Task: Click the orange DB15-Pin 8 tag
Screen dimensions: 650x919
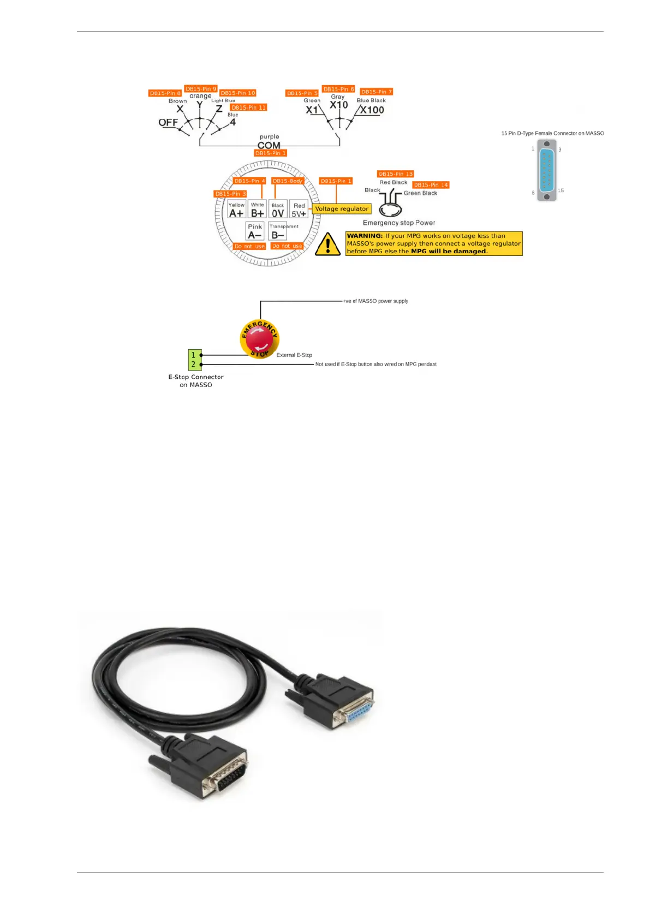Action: pos(165,93)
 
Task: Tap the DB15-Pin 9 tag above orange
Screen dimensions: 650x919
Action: pos(201,89)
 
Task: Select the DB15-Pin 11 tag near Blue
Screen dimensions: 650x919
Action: pos(248,108)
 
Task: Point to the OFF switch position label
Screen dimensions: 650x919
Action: pos(168,122)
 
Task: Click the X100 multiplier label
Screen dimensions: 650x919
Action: pos(372,110)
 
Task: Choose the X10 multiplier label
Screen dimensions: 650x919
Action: pos(338,105)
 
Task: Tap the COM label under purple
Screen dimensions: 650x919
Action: pos(269,145)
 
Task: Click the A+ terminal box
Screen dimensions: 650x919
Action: pos(236,210)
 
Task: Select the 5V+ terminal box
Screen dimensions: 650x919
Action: pos(299,210)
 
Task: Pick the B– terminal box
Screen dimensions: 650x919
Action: pos(278,231)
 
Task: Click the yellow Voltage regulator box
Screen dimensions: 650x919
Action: pos(342,209)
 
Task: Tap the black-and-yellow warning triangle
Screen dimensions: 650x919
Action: pos(327,244)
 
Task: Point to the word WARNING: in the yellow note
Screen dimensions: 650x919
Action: pos(365,236)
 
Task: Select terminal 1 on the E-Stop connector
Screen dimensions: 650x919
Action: pos(194,355)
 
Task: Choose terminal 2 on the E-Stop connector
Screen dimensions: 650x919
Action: pos(194,364)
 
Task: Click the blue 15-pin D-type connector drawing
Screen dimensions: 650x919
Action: pos(546,170)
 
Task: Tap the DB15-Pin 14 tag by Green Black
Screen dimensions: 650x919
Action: pos(431,185)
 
